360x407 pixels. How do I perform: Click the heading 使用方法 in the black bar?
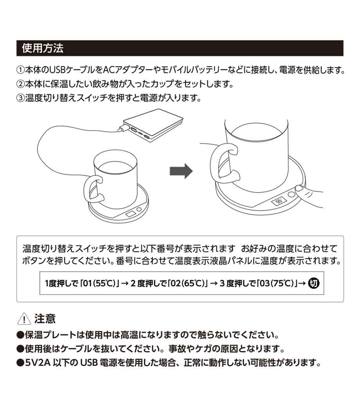pos(43,48)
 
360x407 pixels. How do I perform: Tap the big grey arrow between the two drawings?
pos(181,171)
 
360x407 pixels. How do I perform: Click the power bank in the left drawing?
pos(153,125)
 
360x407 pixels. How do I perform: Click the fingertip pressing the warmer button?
pos(299,188)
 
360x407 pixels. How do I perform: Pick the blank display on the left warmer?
pos(131,214)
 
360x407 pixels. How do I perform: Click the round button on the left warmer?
pos(139,209)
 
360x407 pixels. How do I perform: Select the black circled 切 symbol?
pos(313,283)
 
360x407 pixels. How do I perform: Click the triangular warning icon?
pos(24,319)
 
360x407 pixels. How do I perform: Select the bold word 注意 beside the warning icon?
pos(45,319)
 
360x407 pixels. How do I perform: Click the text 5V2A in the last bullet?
pos(38,362)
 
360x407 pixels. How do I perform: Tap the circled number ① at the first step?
pos(20,70)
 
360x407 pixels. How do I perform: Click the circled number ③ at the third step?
pos(20,98)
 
